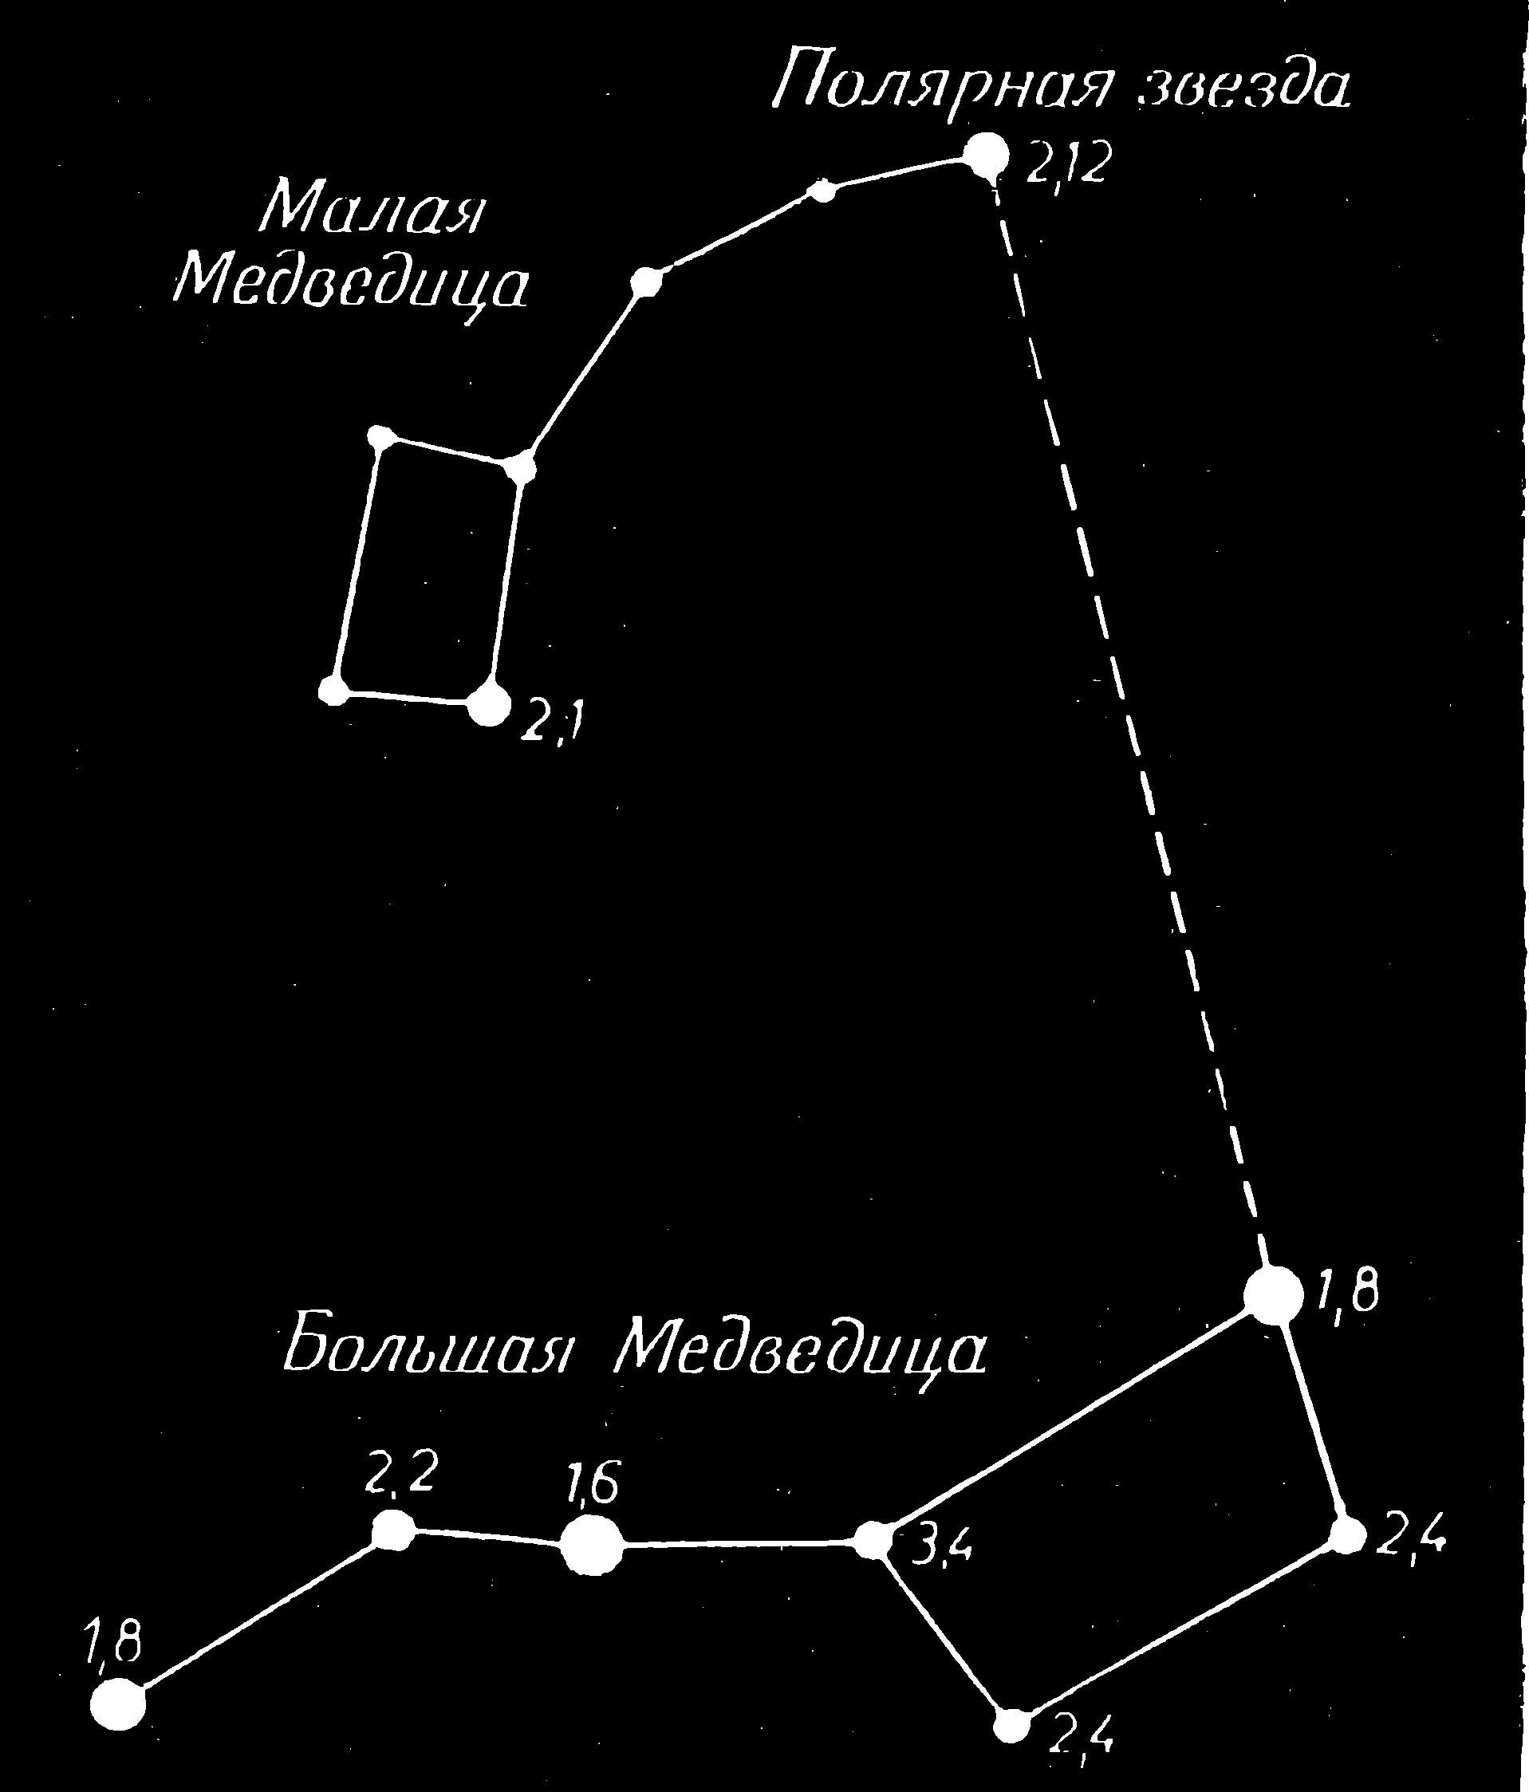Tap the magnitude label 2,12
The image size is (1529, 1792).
pos(1066,163)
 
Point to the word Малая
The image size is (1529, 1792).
pos(369,208)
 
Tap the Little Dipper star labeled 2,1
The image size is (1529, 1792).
pos(489,705)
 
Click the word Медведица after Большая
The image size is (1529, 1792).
pos(800,1350)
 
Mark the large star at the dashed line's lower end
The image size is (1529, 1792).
pos(1273,1294)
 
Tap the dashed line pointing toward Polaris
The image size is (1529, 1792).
pos(1130,727)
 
